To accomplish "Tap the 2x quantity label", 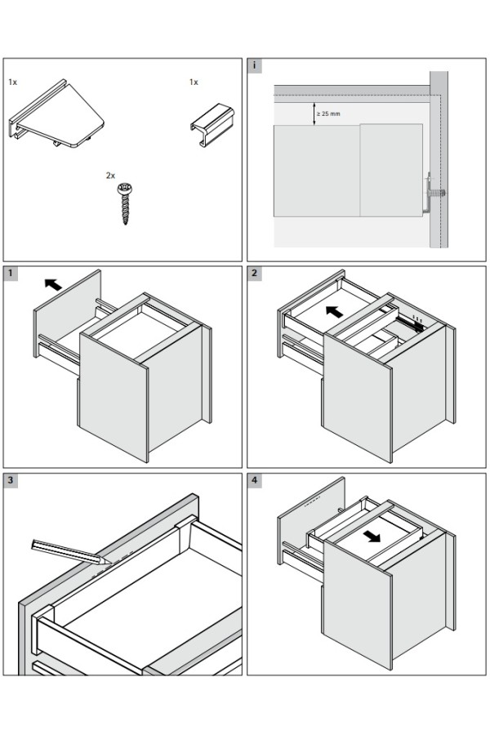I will coord(110,176).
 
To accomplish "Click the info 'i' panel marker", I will coord(255,65).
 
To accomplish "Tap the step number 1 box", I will coord(11,274).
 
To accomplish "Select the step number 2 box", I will coord(255,274).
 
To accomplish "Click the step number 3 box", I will coord(11,480).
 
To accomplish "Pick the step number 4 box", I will coord(255,480).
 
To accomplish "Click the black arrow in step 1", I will coord(52,284).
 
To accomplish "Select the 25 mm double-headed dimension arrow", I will coord(314,113).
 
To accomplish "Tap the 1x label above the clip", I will coord(194,82).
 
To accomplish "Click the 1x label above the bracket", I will coord(13,82).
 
